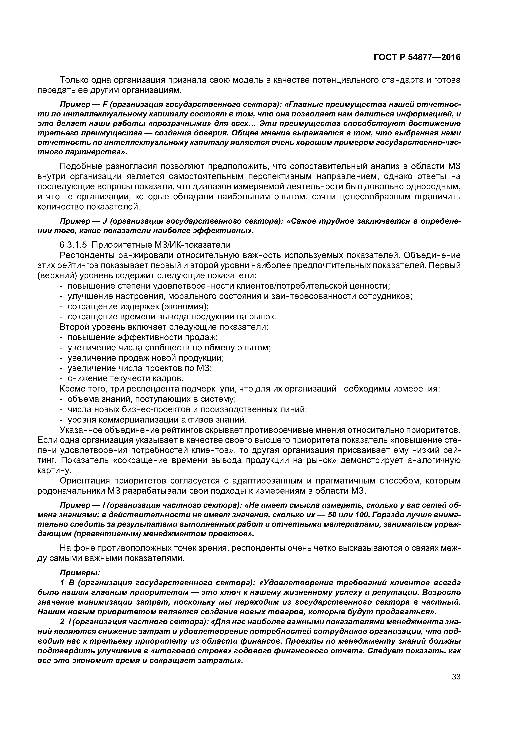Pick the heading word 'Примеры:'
click(80, 573)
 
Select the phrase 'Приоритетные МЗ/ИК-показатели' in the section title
click(161, 245)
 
